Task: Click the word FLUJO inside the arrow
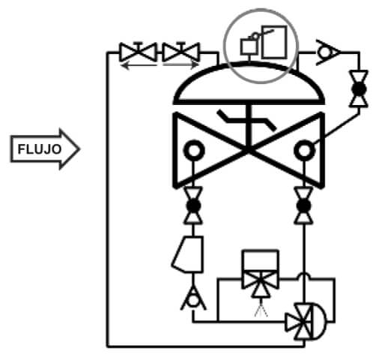[x=40, y=149]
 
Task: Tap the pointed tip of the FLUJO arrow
[x=79, y=149]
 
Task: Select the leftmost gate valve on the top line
[x=138, y=52]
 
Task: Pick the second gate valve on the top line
[x=181, y=52]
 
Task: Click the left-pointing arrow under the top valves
[x=139, y=66]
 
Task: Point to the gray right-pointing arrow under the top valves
[x=181, y=64]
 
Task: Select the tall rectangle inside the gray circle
[x=274, y=42]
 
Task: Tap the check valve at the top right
[x=327, y=52]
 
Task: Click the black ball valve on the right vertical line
[x=359, y=89]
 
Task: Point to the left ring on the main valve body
[x=194, y=150]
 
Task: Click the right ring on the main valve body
[x=304, y=151]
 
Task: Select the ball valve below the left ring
[x=193, y=205]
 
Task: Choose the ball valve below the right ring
[x=303, y=205]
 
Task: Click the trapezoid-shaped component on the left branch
[x=188, y=254]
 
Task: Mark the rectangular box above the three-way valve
[x=261, y=260]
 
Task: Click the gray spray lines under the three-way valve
[x=261, y=310]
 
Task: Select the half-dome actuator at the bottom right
[x=319, y=321]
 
